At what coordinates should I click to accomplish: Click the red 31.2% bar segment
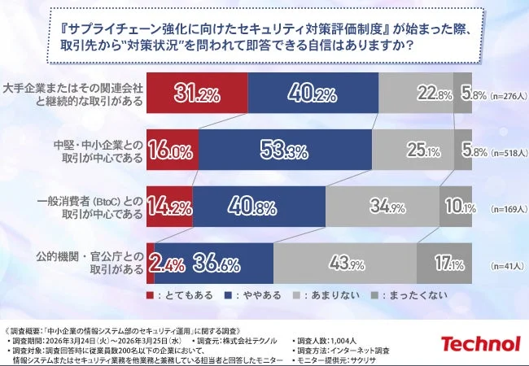pos(197,94)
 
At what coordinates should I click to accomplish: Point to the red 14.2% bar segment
pos(169,206)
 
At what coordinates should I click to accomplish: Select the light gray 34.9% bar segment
pos(386,206)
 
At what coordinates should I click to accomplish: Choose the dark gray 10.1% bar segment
pos(455,206)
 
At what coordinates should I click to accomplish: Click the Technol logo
pos(479,342)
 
